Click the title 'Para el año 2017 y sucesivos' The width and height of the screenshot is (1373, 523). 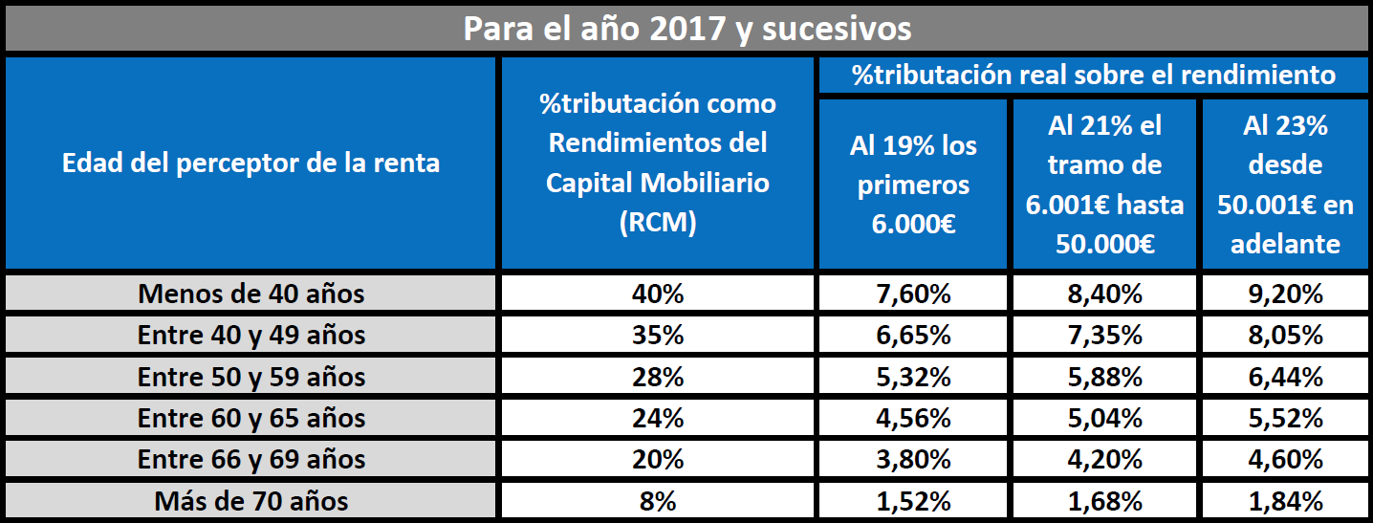686,28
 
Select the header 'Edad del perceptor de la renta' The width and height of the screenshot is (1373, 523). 251,163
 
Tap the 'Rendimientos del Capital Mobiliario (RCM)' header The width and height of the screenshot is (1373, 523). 657,163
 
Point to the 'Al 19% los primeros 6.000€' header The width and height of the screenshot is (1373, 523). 912,185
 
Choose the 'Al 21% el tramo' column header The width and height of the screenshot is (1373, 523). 1104,185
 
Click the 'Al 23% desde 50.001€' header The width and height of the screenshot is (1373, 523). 1285,185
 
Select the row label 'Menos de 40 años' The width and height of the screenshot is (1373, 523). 251,294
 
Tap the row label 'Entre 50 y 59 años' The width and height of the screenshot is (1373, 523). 251,377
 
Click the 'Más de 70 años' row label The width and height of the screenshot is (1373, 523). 251,501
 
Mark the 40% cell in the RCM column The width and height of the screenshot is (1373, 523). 657,294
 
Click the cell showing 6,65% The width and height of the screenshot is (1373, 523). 912,336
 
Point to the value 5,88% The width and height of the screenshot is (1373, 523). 1104,377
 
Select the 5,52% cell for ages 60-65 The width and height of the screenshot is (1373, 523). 1285,418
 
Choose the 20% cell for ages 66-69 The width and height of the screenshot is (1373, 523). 657,460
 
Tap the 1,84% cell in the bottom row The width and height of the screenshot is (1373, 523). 1285,501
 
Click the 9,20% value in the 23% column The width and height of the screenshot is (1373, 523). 1285,294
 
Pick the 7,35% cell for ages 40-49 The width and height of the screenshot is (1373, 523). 1104,336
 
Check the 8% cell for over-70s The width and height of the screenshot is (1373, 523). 657,501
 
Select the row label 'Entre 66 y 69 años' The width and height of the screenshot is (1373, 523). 251,460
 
